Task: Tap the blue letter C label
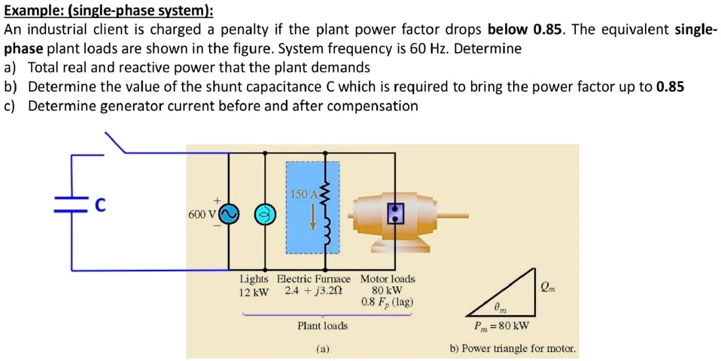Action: [x=99, y=203]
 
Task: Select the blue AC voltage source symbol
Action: [x=229, y=215]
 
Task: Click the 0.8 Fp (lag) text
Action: [x=387, y=302]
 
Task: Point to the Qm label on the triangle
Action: [x=550, y=286]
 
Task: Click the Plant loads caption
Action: [x=322, y=326]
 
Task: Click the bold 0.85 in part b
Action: [x=669, y=87]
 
